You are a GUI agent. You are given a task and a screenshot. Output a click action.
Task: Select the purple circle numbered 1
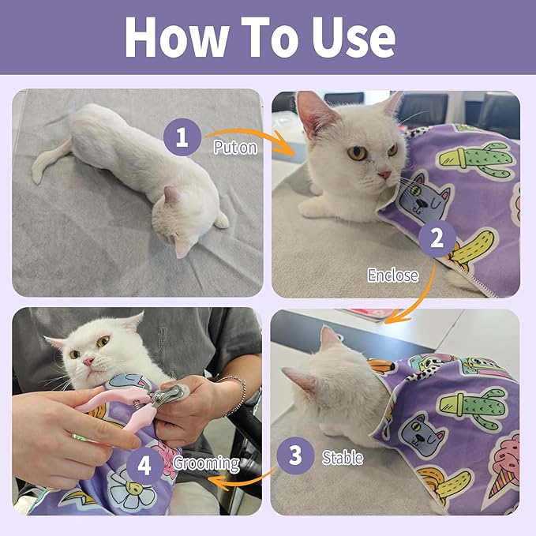(182, 138)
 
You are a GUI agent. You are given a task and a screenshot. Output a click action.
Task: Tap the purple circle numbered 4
(144, 464)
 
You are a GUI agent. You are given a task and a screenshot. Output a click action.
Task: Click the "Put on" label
(235, 147)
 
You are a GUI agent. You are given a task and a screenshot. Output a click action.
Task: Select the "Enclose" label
(392, 275)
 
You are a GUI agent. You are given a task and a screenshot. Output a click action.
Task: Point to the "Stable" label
(342, 457)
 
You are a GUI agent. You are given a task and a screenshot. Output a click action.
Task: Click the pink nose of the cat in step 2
(384, 174)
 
